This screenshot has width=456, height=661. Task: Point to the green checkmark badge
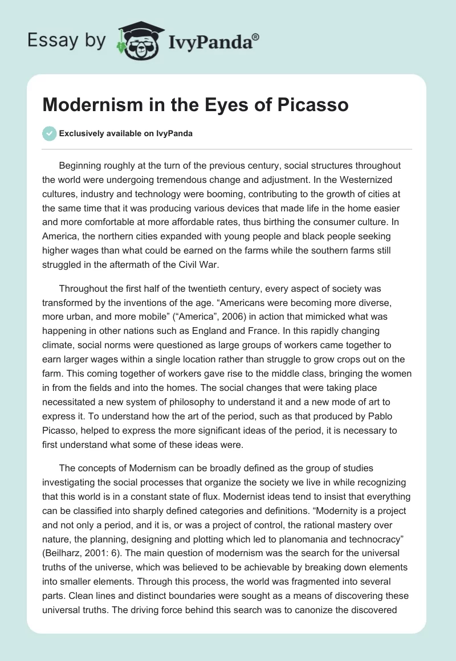(49, 133)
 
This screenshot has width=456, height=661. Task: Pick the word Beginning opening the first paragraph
(82, 166)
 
